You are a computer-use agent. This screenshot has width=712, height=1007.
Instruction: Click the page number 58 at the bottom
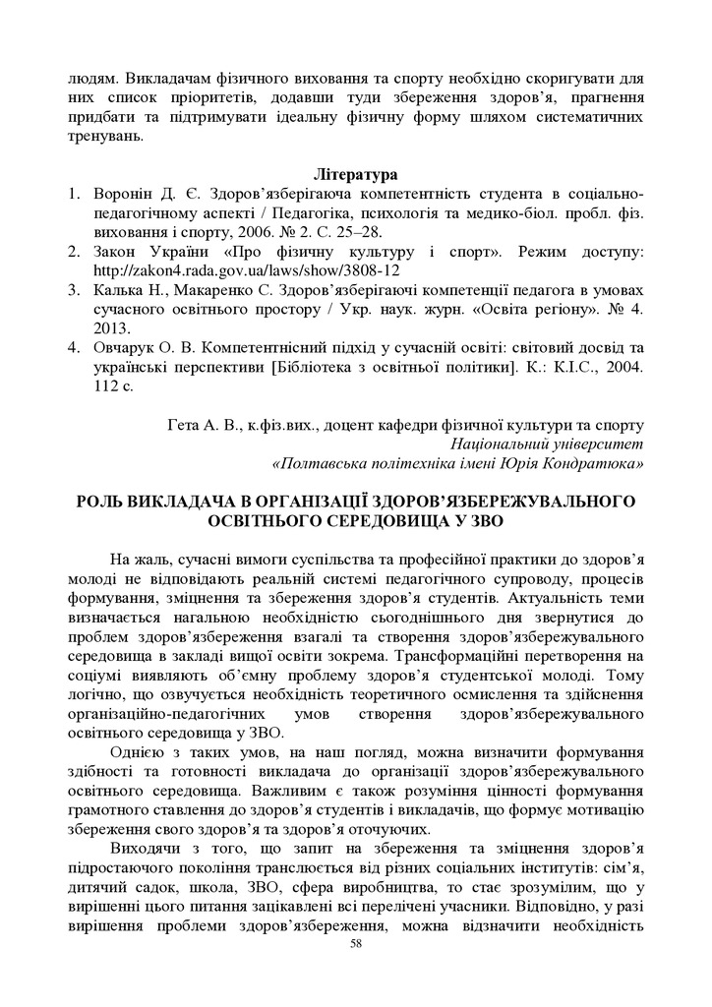(356, 970)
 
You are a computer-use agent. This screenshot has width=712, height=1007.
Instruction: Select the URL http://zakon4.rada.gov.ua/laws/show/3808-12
(246, 269)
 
